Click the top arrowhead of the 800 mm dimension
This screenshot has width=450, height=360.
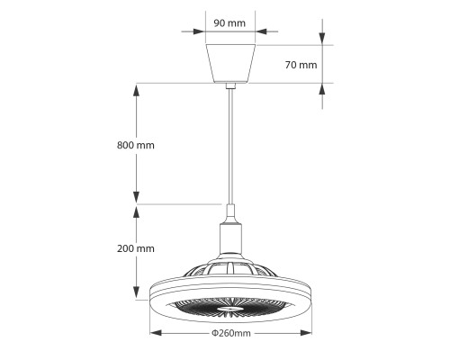click(x=137, y=88)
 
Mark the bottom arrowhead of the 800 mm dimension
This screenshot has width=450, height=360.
click(x=137, y=199)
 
